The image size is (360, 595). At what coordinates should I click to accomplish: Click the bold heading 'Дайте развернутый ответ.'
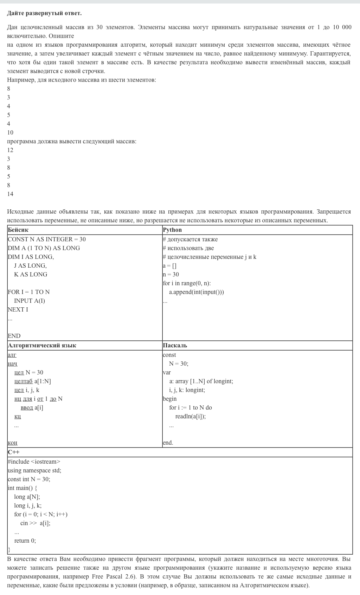(x=44, y=13)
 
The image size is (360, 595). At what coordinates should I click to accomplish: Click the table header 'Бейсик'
(x=18, y=230)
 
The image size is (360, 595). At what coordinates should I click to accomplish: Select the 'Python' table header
(x=172, y=230)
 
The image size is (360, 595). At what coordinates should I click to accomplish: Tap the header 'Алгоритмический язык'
(x=42, y=346)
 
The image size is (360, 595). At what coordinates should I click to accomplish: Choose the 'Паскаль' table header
(x=175, y=346)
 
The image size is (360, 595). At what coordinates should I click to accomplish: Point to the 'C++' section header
(x=14, y=452)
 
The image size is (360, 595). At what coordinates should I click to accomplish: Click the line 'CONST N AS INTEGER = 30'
(x=47, y=240)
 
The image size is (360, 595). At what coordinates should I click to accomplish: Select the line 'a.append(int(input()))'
(x=196, y=292)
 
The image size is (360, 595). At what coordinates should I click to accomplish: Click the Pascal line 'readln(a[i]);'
(x=191, y=417)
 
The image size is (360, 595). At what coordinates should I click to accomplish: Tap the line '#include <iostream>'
(x=34, y=462)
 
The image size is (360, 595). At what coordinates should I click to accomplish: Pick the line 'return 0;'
(x=25, y=541)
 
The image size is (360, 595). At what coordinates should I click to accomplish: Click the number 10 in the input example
(x=10, y=133)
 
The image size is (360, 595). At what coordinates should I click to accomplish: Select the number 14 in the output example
(x=10, y=194)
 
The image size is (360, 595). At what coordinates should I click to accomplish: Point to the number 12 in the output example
(x=10, y=150)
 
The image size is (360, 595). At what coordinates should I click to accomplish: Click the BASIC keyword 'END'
(x=14, y=336)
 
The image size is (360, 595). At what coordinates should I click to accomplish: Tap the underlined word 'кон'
(x=12, y=443)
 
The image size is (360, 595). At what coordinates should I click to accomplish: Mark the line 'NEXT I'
(x=18, y=310)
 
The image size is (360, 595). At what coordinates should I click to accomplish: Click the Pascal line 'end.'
(x=168, y=443)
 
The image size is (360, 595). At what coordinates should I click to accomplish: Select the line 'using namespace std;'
(x=34, y=471)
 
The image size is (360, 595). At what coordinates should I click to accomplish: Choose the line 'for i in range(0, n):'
(x=187, y=283)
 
